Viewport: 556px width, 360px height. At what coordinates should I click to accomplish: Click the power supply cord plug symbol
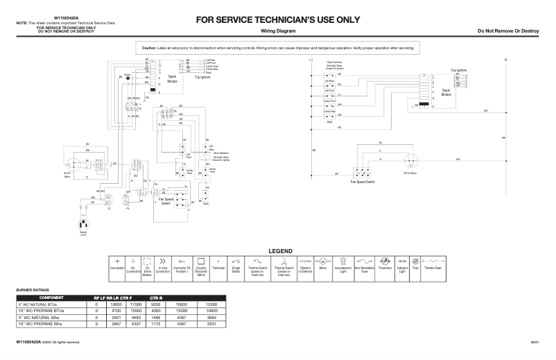85,225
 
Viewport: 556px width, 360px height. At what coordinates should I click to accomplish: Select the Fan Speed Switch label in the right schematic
362,180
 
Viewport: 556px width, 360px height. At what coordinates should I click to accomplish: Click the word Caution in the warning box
149,48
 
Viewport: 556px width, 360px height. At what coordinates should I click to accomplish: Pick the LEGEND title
280,250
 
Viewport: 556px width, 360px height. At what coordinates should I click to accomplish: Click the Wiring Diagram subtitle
278,32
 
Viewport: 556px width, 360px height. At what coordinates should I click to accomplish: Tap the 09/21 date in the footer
535,342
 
